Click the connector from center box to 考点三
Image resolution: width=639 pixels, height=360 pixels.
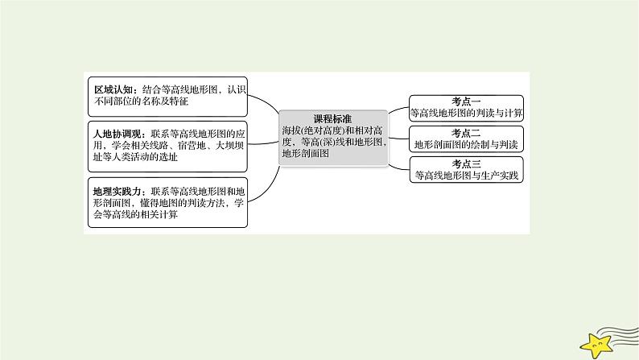(x=398, y=162)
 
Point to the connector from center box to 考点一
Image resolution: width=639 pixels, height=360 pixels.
(x=398, y=112)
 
